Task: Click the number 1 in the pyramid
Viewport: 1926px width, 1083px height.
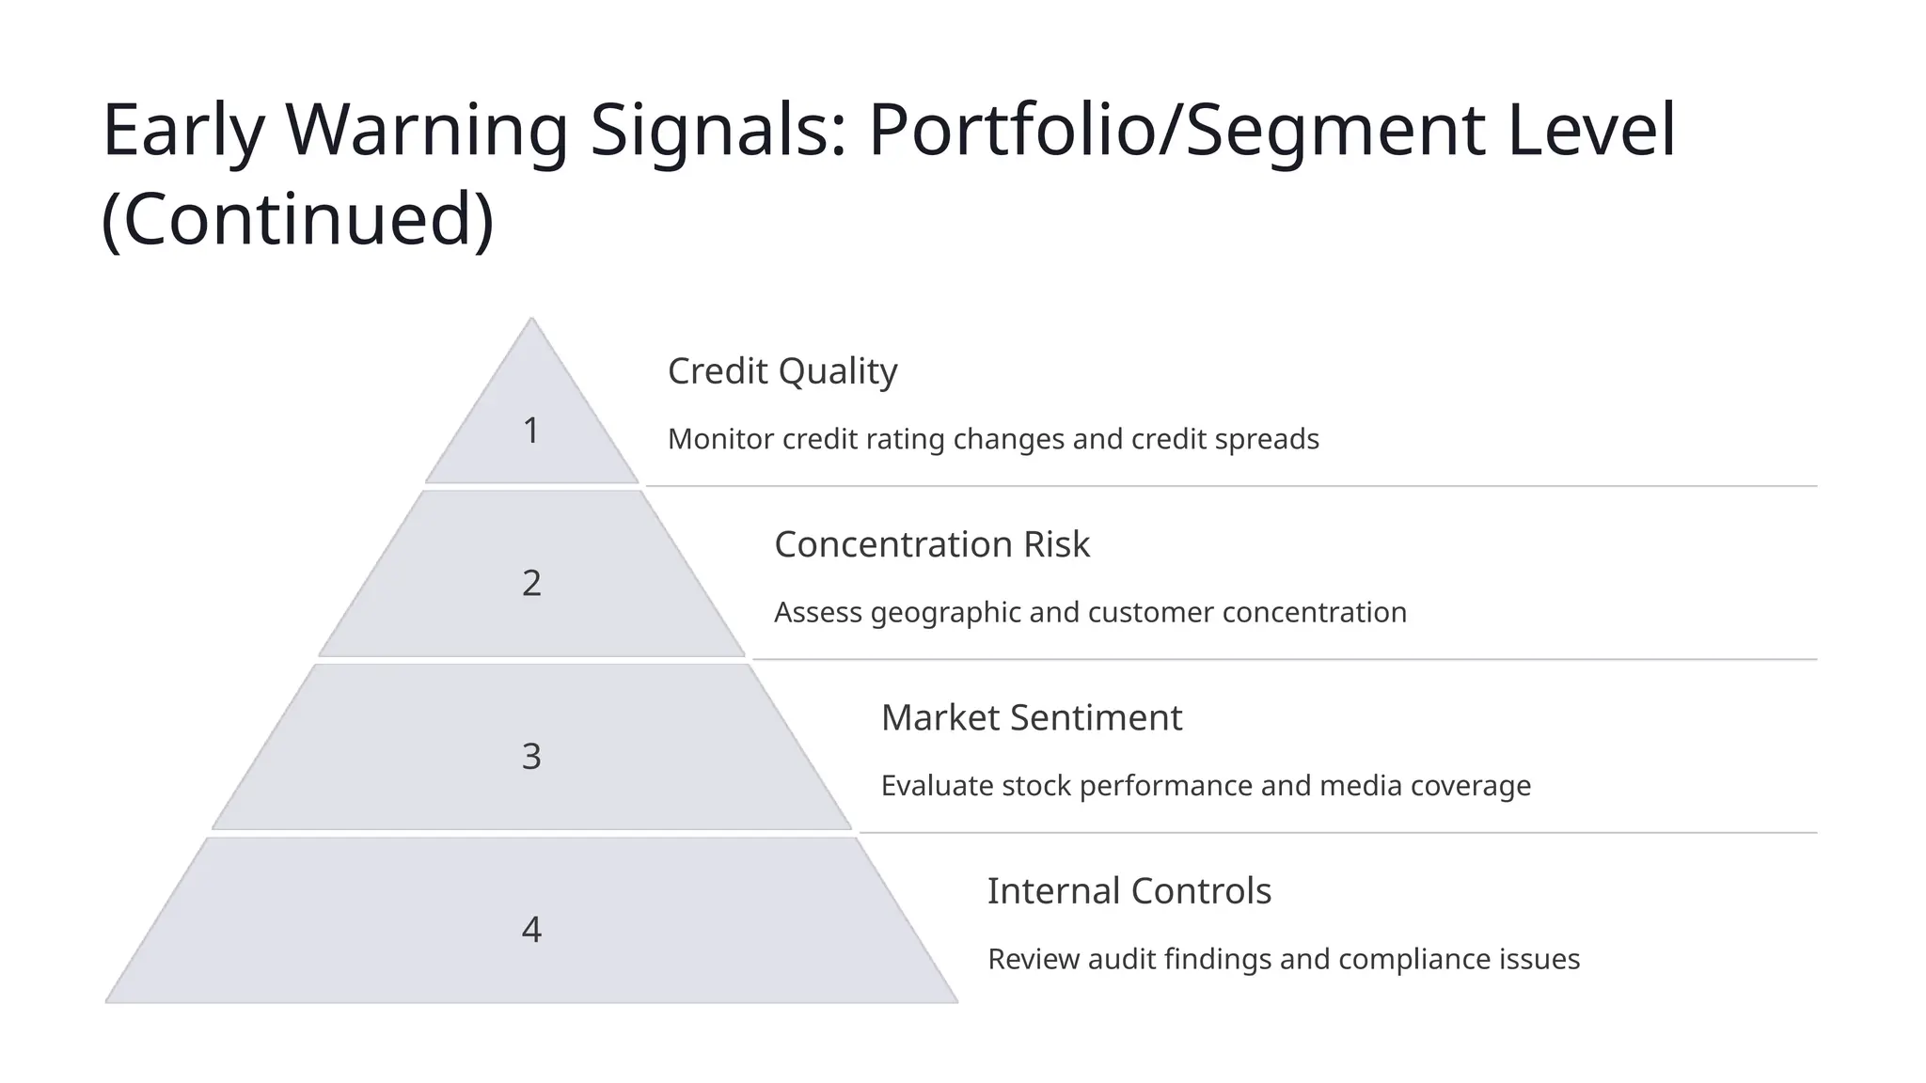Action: (531, 431)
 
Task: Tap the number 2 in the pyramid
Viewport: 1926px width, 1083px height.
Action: (531, 583)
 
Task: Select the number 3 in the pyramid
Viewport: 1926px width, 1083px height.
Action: (531, 756)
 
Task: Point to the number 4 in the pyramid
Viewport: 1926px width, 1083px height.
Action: (531, 930)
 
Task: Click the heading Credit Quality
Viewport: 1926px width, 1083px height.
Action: (782, 371)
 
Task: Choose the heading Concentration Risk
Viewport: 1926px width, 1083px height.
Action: (932, 544)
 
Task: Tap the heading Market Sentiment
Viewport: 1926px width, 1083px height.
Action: (1031, 717)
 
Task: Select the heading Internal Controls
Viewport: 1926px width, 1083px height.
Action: (1129, 890)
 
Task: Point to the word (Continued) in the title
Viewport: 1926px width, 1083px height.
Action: (297, 219)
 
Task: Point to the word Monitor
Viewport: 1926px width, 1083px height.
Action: (720, 439)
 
